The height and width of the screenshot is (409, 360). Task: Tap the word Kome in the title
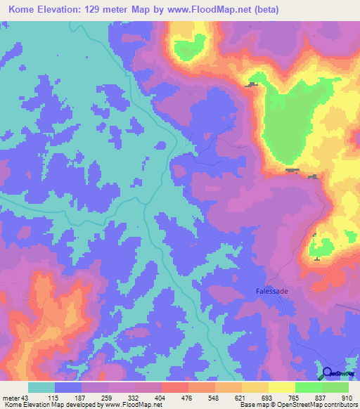point(23,10)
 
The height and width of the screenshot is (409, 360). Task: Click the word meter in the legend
point(11,397)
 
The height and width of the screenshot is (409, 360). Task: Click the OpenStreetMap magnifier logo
point(327,374)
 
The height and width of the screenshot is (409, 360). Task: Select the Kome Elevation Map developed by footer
point(49,405)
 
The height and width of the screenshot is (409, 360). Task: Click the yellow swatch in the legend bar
point(281,387)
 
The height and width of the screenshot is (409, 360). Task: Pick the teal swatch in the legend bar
point(41,387)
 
